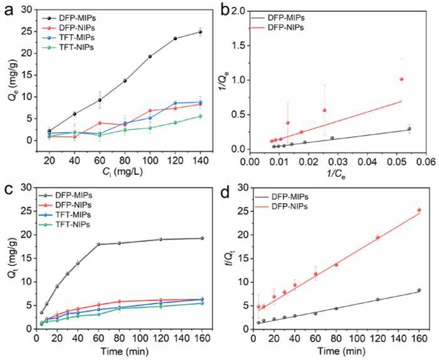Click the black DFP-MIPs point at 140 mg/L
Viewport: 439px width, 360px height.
pyautogui.click(x=200, y=32)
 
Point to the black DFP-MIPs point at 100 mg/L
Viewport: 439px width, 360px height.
pyautogui.click(x=150, y=56)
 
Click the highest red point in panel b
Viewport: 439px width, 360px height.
pyautogui.click(x=401, y=79)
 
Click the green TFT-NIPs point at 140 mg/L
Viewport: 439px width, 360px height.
pyautogui.click(x=200, y=116)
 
